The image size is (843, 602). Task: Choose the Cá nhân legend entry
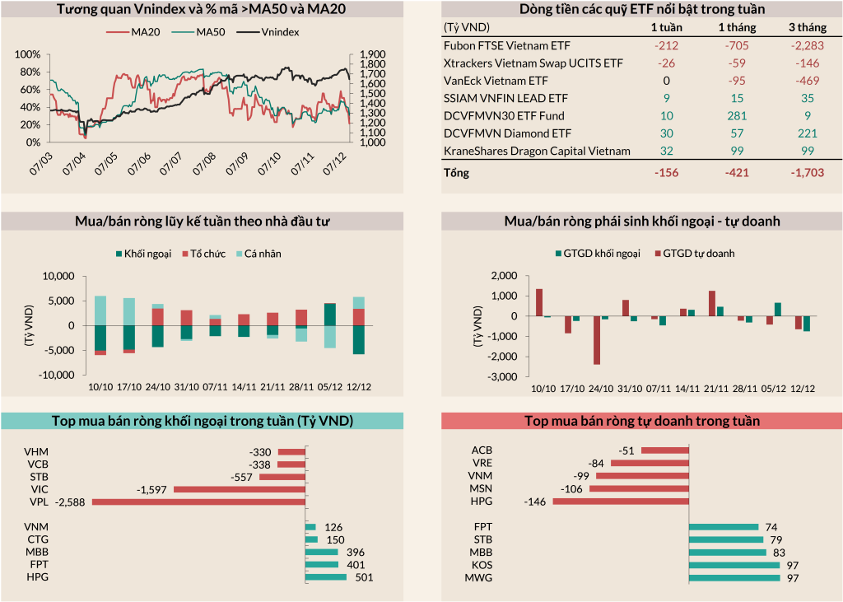pyautogui.click(x=260, y=254)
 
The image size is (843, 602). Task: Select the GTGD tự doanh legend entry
pyautogui.click(x=697, y=254)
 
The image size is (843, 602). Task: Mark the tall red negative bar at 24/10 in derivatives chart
pyautogui.click(x=596, y=340)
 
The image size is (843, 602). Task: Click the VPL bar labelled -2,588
pyautogui.click(x=198, y=501)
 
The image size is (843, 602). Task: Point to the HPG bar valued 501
pyautogui.click(x=326, y=576)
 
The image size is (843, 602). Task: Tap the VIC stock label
pyautogui.click(x=38, y=488)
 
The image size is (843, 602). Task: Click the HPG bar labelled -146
pyautogui.click(x=620, y=501)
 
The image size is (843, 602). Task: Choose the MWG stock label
pyautogui.click(x=478, y=578)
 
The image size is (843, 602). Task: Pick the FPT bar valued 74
pyautogui.click(x=723, y=527)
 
